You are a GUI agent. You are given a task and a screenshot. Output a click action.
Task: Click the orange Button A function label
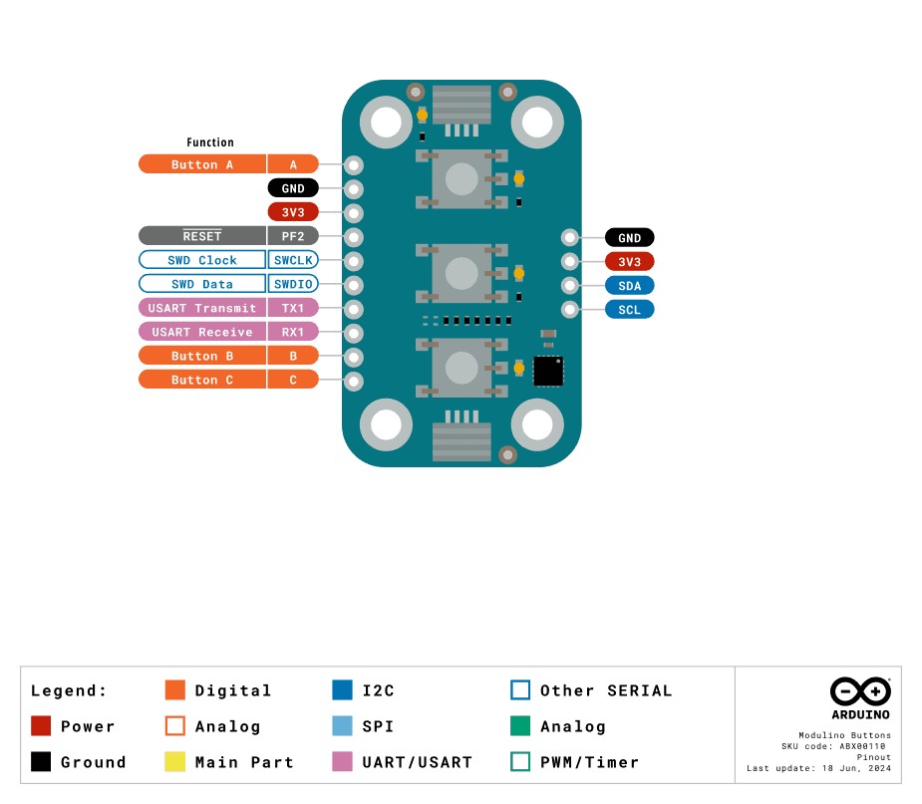click(202, 164)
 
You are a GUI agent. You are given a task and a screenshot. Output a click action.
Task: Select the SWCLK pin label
click(293, 260)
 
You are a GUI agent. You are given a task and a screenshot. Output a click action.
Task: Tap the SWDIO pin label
click(293, 284)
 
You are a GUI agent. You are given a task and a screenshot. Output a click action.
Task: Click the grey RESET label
click(202, 236)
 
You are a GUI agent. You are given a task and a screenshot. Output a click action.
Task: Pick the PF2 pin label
click(293, 236)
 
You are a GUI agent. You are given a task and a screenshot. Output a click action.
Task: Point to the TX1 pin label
click(293, 308)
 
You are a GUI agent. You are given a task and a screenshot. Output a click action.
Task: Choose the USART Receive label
click(202, 332)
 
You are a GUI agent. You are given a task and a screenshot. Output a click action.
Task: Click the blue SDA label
click(629, 285)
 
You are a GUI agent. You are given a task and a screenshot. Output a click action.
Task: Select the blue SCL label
click(629, 309)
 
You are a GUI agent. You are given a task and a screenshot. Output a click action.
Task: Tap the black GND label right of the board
click(629, 237)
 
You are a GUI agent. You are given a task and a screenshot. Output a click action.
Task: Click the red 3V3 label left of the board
click(293, 212)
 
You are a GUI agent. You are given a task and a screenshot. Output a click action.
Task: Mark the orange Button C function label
click(202, 380)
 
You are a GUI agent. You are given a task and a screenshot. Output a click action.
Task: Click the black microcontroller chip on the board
click(548, 371)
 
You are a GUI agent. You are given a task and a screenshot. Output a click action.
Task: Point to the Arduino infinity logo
click(860, 690)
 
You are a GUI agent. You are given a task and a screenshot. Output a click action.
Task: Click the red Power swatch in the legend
click(41, 726)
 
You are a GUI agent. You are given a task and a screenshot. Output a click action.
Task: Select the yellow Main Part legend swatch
click(175, 762)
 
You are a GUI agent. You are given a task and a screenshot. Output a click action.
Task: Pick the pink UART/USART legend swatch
click(343, 762)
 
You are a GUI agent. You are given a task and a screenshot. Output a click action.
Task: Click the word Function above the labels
click(210, 142)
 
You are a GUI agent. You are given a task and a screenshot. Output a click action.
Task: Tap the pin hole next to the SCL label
click(570, 309)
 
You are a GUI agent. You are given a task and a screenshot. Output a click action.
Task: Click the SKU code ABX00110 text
click(836, 745)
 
